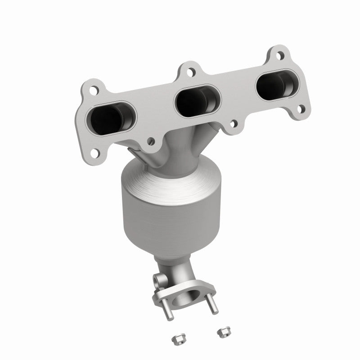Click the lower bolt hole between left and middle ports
pos(150,142)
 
